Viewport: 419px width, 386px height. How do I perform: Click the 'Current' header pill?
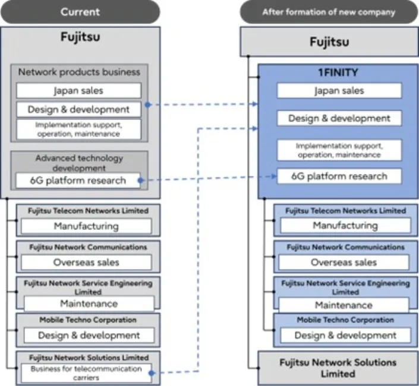click(x=80, y=12)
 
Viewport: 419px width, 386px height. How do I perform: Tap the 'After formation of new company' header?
click(x=329, y=12)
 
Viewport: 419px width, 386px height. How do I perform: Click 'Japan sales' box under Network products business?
click(x=78, y=91)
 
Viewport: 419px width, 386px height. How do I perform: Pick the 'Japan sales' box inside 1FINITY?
click(x=339, y=91)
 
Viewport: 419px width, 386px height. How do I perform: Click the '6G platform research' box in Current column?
click(x=78, y=180)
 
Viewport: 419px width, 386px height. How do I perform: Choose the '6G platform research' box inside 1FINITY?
click(x=339, y=176)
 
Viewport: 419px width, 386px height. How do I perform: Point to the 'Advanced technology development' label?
click(x=78, y=163)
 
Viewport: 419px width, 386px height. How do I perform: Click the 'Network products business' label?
click(x=78, y=72)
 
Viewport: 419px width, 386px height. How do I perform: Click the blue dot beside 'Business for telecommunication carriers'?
click(x=152, y=374)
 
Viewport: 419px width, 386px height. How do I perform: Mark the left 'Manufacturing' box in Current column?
click(x=86, y=226)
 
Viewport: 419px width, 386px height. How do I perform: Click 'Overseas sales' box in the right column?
click(x=345, y=262)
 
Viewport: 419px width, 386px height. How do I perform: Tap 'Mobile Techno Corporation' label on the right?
click(x=345, y=320)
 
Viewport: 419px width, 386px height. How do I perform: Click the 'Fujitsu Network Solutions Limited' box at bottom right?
click(x=338, y=368)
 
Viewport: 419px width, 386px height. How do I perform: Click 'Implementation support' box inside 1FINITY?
click(x=339, y=150)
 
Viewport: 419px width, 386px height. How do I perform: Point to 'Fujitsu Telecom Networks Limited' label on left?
click(x=88, y=211)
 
